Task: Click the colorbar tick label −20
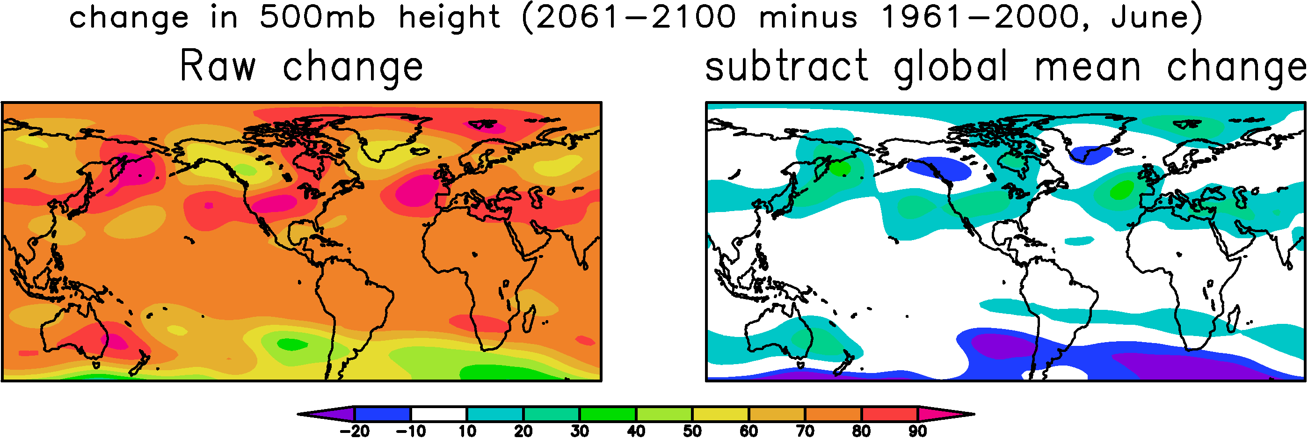(355, 432)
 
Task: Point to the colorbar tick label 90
(917, 432)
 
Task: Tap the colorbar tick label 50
(692, 432)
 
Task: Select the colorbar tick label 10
(468, 432)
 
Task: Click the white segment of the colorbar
(439, 414)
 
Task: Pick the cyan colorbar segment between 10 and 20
(495, 414)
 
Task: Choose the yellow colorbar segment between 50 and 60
(720, 414)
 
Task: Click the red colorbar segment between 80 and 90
(890, 414)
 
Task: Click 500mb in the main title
(317, 17)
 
